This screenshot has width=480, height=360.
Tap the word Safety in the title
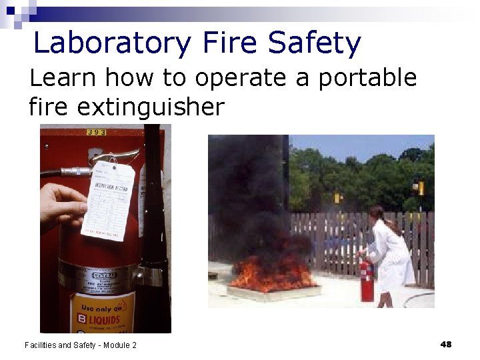[314, 44]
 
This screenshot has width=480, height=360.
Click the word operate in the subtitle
[249, 79]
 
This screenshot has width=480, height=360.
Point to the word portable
[367, 79]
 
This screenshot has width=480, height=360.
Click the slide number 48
[446, 344]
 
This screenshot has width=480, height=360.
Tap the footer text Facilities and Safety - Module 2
[81, 345]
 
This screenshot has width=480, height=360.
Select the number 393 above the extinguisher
[97, 132]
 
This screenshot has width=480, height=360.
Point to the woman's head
[376, 213]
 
